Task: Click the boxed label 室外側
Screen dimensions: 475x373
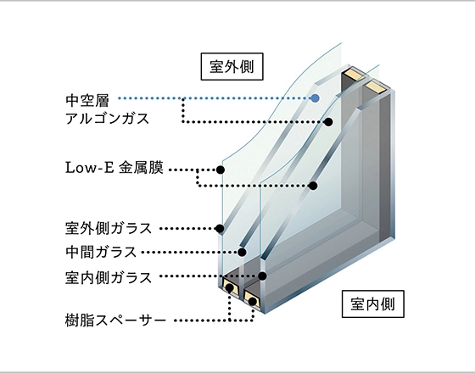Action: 232,67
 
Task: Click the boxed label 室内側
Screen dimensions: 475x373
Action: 373,304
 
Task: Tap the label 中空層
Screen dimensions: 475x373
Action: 87,101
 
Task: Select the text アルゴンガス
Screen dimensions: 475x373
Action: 107,119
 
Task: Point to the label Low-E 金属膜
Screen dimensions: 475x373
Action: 115,168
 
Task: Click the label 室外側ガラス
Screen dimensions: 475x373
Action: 109,228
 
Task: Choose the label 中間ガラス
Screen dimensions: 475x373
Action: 101,252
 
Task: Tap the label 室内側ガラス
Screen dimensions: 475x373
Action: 109,278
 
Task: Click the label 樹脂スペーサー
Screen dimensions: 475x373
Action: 115,320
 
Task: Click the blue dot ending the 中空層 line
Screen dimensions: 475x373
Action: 315,98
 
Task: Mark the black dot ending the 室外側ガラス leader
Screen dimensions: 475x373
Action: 220,229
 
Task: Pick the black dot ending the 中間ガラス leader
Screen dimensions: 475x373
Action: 242,252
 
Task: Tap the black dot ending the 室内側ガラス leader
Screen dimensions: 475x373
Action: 263,276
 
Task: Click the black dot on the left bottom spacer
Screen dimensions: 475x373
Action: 230,287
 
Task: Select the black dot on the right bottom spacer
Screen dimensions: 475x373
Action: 253,301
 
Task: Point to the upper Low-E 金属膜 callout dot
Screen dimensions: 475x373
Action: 221,170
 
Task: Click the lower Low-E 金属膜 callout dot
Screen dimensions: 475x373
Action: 313,186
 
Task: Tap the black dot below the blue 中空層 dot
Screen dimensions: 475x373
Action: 328,122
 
